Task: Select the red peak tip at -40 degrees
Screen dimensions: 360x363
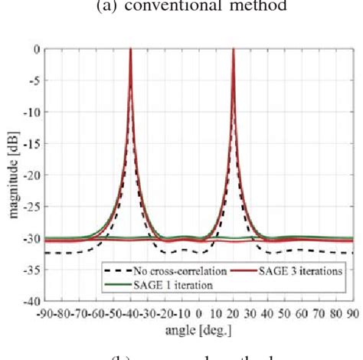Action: [130, 50]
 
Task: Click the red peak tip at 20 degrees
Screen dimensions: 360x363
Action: [233, 50]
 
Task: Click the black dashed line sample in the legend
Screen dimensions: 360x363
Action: [116, 270]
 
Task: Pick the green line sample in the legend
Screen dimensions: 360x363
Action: [116, 284]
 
